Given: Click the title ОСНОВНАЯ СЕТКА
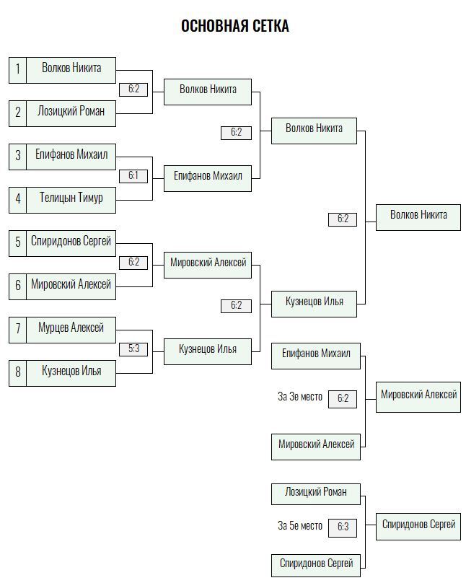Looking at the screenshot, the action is tap(235, 26).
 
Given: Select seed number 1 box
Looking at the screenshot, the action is tap(18, 70).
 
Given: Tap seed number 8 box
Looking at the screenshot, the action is tap(18, 373).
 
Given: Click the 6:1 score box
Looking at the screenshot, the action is tap(133, 176).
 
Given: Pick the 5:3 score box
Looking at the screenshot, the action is tap(133, 349).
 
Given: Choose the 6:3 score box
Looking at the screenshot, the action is tap(343, 527).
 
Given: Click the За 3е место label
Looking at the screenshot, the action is tap(300, 397).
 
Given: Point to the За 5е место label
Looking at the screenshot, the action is tap(300, 526).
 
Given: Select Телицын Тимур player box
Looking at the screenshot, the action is tap(71, 200).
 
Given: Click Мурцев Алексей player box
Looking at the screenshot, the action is tap(71, 330).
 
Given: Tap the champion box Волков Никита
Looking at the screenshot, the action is tap(418, 217).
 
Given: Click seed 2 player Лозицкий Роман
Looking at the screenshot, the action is tap(71, 113).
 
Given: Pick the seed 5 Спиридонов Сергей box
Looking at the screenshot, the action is tap(71, 244).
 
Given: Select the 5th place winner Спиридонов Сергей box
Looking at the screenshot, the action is tap(418, 527).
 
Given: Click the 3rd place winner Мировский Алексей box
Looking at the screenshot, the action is tap(418, 397).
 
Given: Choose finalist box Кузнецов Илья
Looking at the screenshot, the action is tap(314, 304).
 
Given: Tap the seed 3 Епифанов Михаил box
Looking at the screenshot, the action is tap(71, 157).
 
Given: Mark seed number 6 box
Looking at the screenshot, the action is tap(18, 286).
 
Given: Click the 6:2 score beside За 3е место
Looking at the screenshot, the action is tap(343, 399).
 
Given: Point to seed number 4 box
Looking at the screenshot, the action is tap(18, 200).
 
